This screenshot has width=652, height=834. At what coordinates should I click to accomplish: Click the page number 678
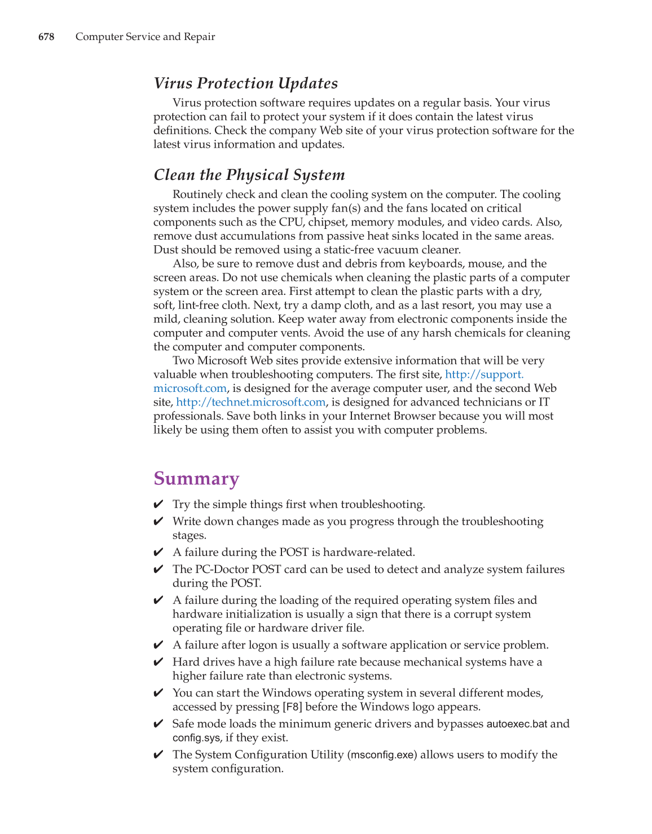[46, 37]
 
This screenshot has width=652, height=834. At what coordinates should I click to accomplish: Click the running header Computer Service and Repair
[145, 37]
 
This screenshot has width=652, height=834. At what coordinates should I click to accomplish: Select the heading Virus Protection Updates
[245, 83]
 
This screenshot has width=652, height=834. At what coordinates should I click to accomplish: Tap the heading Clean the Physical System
[249, 175]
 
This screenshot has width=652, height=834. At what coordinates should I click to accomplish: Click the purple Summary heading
[196, 479]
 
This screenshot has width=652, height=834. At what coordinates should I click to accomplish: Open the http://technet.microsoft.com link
[250, 402]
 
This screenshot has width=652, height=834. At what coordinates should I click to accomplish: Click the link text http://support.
[484, 374]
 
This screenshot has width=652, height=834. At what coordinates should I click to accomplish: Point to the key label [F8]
[292, 707]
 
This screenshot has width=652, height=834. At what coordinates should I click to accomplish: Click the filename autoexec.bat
[516, 724]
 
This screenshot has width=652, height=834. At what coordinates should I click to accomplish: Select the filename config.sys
[196, 738]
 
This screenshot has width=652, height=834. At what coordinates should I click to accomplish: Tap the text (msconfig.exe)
[382, 755]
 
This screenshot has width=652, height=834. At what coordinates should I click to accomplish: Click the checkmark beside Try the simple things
[158, 505]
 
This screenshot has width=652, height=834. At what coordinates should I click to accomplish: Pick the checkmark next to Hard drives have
[158, 662]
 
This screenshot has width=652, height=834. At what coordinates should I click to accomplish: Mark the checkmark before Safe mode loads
[158, 724]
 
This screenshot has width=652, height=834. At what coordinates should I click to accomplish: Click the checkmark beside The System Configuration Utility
[158, 755]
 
